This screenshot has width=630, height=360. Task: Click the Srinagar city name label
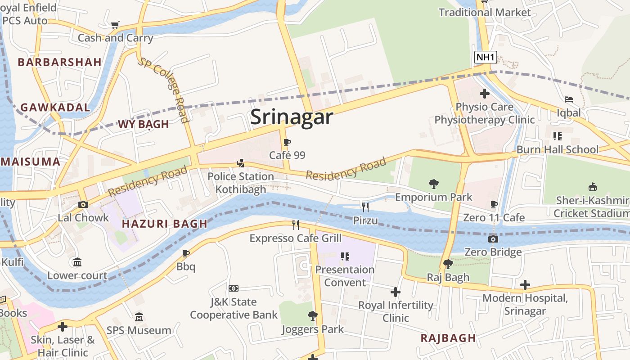click(x=292, y=117)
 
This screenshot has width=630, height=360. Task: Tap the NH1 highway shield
click(x=486, y=57)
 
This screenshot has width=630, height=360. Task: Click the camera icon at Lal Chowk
click(x=83, y=205)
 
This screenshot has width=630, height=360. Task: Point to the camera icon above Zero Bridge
click(x=493, y=239)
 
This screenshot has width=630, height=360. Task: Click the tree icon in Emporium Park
click(x=434, y=184)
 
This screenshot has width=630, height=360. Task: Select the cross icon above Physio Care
click(x=484, y=94)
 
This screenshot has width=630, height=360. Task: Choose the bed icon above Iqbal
click(x=569, y=99)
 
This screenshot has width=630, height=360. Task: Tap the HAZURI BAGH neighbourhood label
click(x=165, y=224)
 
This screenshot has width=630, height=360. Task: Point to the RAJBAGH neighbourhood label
click(x=448, y=338)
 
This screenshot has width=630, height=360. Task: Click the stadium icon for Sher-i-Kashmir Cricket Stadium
click(x=592, y=187)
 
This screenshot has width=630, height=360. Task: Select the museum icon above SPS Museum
click(x=139, y=317)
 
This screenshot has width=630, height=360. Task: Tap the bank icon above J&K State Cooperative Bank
click(x=233, y=288)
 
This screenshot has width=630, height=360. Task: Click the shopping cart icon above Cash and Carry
click(x=115, y=25)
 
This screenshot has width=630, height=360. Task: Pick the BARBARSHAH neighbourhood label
click(x=59, y=62)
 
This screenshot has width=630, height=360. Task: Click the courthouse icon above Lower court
click(x=77, y=262)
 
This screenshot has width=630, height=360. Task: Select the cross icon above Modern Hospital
click(x=525, y=285)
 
